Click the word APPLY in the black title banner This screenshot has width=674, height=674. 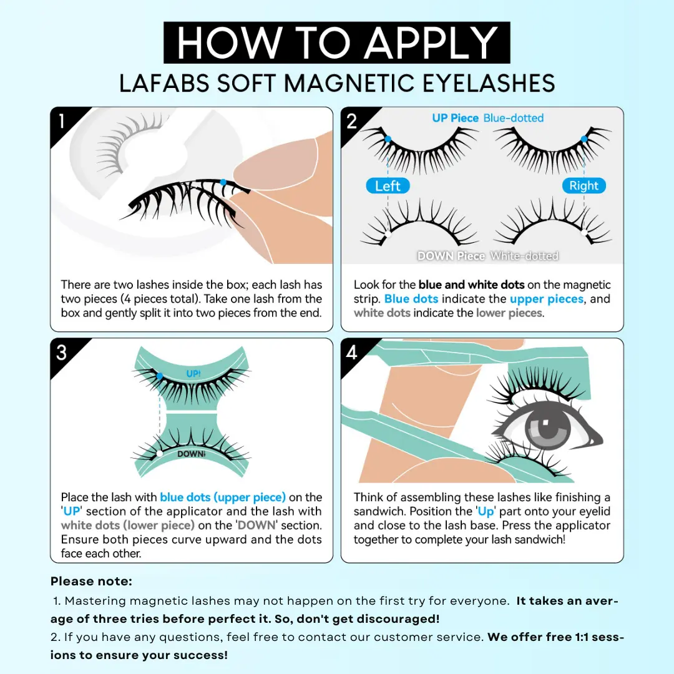432,43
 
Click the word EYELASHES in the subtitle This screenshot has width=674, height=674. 489,83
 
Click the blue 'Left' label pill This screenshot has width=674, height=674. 388,186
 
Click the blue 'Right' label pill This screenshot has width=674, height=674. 584,186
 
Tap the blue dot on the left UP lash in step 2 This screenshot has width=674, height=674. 388,139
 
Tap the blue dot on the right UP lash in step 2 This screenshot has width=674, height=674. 584,139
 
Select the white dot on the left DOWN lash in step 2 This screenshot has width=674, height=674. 387,234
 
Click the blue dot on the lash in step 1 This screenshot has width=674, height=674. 223,182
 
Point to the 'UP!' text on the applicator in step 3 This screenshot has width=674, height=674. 193,374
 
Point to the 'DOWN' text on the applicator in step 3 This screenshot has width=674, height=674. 192,454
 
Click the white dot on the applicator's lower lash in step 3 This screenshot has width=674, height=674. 160,454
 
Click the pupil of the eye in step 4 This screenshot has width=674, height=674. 548,429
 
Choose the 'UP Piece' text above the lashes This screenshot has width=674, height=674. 455,118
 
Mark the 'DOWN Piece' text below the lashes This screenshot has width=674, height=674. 451,256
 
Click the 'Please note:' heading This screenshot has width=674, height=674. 91,581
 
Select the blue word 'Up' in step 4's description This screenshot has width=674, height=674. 486,511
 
